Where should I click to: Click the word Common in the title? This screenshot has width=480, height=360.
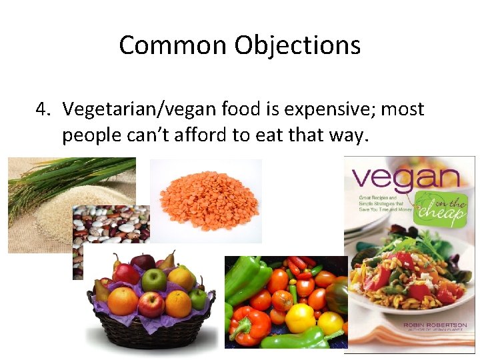(x=173, y=46)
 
